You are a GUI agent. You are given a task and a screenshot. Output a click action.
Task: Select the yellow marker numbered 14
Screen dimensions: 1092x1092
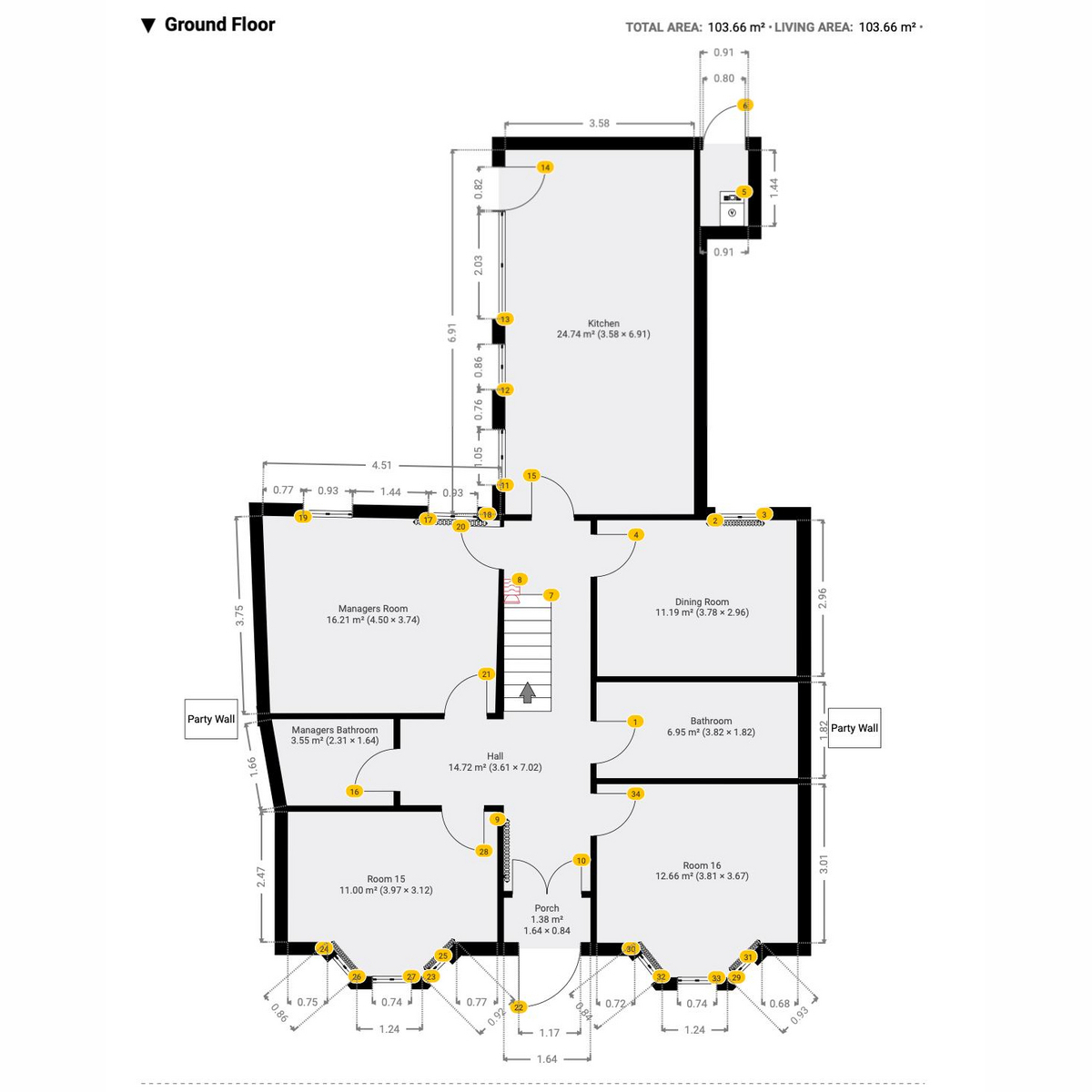point(544,167)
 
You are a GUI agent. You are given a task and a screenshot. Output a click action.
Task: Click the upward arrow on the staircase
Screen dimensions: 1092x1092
point(528,692)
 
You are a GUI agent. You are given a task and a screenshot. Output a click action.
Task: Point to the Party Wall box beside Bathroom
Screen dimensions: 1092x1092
point(854,728)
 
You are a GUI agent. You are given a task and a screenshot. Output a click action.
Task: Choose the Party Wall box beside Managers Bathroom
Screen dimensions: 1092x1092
point(211,719)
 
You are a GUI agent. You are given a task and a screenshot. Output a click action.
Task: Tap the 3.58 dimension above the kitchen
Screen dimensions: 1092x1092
point(599,123)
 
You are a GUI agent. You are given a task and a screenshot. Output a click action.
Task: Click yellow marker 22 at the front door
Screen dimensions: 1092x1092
point(519,1007)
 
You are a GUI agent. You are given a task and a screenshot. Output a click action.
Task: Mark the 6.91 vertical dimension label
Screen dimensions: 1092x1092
point(451,332)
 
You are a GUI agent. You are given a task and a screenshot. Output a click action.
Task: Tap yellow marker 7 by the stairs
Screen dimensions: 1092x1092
point(551,595)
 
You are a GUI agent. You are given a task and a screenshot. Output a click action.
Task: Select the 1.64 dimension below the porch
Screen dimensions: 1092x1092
point(547,1058)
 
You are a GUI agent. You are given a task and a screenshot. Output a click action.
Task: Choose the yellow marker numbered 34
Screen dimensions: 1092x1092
point(635,794)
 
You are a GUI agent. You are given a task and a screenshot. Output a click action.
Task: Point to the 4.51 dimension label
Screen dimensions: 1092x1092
point(381,465)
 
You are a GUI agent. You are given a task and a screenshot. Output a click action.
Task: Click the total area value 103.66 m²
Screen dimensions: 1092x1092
point(736,27)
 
